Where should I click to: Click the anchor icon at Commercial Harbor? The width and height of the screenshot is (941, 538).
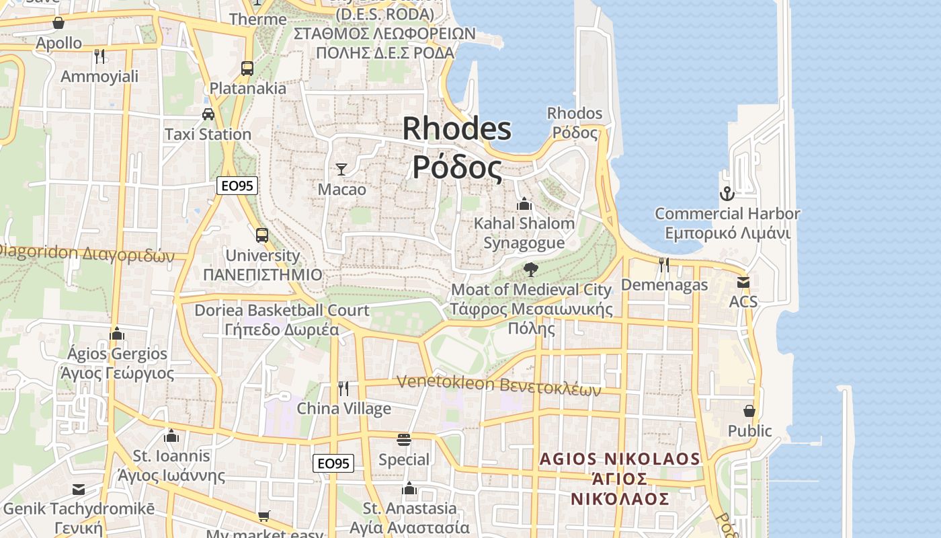coord(727,194)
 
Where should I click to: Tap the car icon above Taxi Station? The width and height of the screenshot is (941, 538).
coord(208,114)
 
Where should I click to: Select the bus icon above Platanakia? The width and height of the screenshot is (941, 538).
coord(247,68)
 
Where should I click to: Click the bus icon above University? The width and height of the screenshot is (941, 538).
coord(262,235)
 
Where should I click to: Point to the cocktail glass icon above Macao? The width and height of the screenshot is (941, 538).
coord(341,169)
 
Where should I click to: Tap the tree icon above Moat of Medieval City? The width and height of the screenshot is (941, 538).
coord(530,270)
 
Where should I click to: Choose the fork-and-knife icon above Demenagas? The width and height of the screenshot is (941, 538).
coord(664,265)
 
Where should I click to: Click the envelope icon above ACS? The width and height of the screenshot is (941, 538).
coord(743,282)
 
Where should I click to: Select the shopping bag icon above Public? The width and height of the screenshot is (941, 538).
coord(749,410)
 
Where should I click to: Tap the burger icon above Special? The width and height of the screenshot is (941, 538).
coord(404,440)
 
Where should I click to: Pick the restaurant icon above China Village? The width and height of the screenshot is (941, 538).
coord(343,388)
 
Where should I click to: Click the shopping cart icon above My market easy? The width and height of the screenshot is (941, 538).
coord(264,516)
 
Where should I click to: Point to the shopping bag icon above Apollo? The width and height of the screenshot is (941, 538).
coord(58,23)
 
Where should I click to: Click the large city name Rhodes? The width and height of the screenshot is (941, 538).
coord(457,128)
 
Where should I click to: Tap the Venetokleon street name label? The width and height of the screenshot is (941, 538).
coord(498,384)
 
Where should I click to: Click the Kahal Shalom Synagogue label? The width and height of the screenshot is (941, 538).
coord(524,233)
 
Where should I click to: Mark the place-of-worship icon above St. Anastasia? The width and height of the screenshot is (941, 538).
coord(409,488)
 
